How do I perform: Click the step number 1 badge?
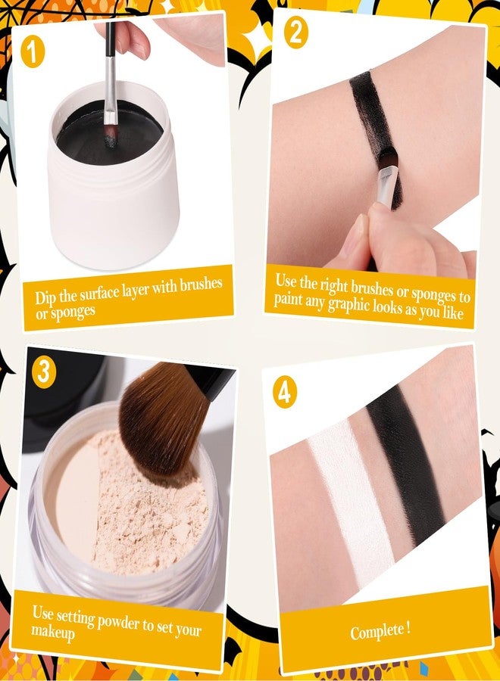pyautogui.click(x=32, y=51)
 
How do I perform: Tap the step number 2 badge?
pyautogui.click(x=295, y=33)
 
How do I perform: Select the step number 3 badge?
pyautogui.click(x=44, y=371)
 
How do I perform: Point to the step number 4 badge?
pyautogui.click(x=284, y=392)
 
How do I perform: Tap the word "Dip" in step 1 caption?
pyautogui.click(x=45, y=299)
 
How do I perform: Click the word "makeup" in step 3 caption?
pyautogui.click(x=52, y=633)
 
